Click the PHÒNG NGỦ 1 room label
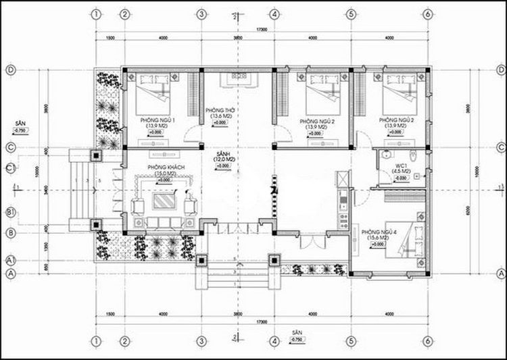point(157,120)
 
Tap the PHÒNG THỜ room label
point(221,110)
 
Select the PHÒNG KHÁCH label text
point(160,166)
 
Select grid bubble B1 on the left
point(11,213)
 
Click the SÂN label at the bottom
point(295,333)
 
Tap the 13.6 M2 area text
point(221,116)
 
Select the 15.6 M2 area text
point(377,238)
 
